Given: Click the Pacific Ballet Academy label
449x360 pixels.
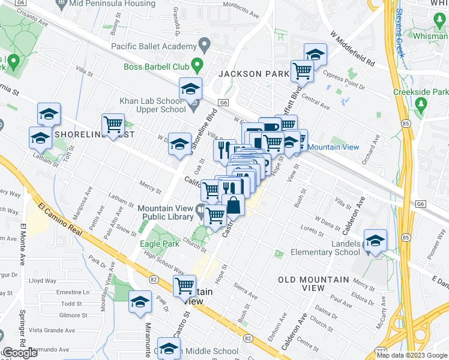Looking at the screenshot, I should pos(154,46).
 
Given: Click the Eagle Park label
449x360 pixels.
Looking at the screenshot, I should pos(159,244).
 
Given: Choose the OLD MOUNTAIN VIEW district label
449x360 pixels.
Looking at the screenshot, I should pos(313,284).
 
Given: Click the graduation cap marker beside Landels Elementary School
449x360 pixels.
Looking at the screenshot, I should pos(375,241).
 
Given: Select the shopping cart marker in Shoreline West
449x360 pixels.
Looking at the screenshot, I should pos(113,125).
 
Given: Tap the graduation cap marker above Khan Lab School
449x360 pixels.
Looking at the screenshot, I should pos(190,89).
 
